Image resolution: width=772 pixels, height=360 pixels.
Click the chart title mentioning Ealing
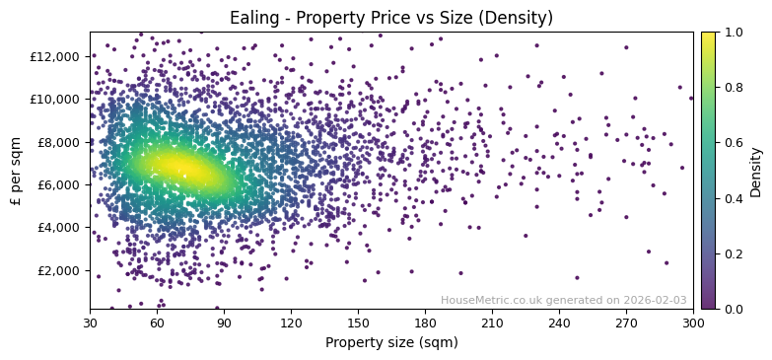(x=391, y=18)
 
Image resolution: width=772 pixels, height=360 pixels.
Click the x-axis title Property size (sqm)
(x=391, y=343)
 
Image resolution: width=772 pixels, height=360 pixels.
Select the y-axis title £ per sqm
(x=16, y=171)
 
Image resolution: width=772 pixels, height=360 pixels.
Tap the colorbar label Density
(x=756, y=172)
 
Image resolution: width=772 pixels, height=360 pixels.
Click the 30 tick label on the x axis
(x=90, y=323)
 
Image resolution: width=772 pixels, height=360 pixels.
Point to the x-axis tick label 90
(x=224, y=323)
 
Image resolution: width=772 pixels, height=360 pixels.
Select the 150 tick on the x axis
(x=358, y=323)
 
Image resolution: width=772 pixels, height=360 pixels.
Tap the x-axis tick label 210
(x=492, y=323)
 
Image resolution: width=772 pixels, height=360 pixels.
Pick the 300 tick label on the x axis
(x=693, y=323)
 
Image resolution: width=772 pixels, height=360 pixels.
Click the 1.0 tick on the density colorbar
(x=734, y=33)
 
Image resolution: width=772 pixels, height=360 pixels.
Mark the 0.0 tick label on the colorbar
(x=734, y=309)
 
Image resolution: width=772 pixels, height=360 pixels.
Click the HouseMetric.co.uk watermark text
(x=563, y=301)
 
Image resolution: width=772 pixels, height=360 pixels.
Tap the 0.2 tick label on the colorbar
(x=734, y=253)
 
